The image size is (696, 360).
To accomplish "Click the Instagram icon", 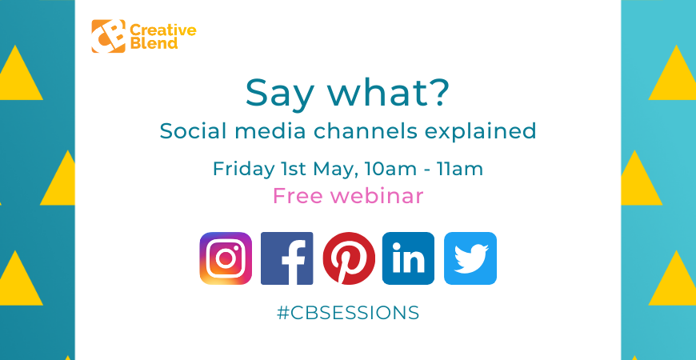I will point(226,258).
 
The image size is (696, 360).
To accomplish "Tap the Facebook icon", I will point(286,258).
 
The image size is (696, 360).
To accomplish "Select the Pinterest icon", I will point(348,258).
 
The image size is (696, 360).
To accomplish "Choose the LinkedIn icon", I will point(409,258).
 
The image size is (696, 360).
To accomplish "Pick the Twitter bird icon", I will point(470,258).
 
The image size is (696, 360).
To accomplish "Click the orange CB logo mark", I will point(108,36).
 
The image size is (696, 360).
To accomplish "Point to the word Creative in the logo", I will point(162,30).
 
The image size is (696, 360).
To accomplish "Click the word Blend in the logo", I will point(152,43).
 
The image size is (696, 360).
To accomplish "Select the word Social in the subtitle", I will point(188,130).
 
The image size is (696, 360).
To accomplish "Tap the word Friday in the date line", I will point(238,170).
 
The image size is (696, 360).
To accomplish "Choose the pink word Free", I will point(298,196).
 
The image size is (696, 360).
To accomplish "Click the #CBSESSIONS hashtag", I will point(348,313).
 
